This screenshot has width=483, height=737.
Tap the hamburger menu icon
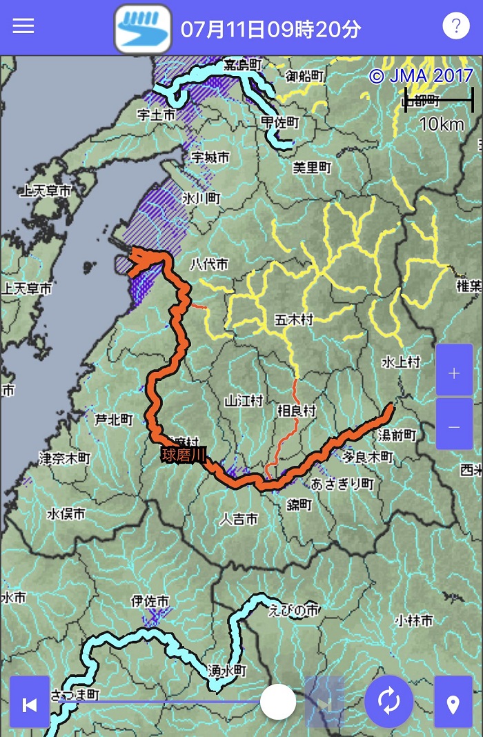[23, 26]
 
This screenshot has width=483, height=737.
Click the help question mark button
[455, 26]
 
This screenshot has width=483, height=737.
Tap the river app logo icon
[143, 28]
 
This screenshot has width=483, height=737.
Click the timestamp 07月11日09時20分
[270, 29]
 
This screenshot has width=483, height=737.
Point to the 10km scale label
[442, 124]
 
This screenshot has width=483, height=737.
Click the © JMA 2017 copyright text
[421, 76]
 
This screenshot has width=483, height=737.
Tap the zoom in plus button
[454, 373]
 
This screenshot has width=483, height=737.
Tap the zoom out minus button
[454, 427]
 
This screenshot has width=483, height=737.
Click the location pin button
[453, 704]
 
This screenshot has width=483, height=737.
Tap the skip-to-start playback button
[30, 704]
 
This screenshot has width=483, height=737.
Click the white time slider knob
[278, 702]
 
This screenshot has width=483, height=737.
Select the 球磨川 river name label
[184, 455]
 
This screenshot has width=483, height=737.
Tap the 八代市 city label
[208, 264]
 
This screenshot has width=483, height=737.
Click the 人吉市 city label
[238, 519]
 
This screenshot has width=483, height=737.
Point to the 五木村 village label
[294, 320]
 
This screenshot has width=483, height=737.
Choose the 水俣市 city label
[66, 513]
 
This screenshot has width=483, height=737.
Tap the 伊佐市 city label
[150, 602]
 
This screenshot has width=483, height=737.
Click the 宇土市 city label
[157, 115]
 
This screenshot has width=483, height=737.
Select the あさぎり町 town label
[342, 483]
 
